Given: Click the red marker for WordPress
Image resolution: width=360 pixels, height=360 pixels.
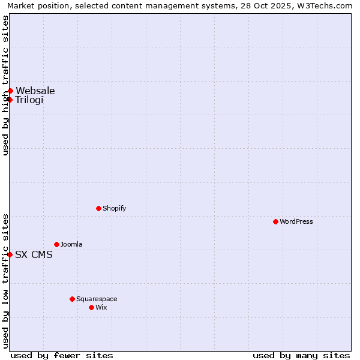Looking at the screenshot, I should click(275, 221).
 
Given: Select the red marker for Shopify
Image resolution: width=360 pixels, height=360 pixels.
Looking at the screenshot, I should click(98, 208).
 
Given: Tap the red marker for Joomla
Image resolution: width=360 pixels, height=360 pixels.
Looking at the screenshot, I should click(56, 244).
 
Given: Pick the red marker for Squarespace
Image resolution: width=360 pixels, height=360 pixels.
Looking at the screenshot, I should click(72, 299).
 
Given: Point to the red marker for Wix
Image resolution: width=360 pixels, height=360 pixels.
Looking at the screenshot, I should click(91, 307).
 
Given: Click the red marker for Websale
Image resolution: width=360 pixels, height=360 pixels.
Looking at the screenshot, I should click(10, 91).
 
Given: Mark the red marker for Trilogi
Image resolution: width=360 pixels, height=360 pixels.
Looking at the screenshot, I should click(10, 100).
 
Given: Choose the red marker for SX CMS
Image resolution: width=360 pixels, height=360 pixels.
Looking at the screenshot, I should click(10, 254).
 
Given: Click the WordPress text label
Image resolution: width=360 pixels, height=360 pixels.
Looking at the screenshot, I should click(296, 221).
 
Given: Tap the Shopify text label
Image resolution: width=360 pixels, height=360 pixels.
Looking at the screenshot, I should click(114, 208).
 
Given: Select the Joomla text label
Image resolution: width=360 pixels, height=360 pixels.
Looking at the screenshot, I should click(71, 244).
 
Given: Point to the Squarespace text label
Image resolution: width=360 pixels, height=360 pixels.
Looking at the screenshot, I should click(97, 299).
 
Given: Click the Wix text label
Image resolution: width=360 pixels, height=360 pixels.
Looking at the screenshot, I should click(101, 307).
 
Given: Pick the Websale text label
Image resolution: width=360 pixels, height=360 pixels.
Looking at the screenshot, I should click(35, 91).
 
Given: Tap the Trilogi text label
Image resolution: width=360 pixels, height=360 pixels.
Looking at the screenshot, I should click(29, 100).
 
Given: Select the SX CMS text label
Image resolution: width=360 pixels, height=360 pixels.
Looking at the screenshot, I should click(34, 254).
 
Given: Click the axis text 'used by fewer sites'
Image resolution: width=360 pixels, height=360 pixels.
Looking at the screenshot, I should click(62, 355).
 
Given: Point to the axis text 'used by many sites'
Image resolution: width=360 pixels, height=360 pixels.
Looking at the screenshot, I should click(301, 355).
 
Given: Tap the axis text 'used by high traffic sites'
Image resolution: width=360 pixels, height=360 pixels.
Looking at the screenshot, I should click(5, 85).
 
